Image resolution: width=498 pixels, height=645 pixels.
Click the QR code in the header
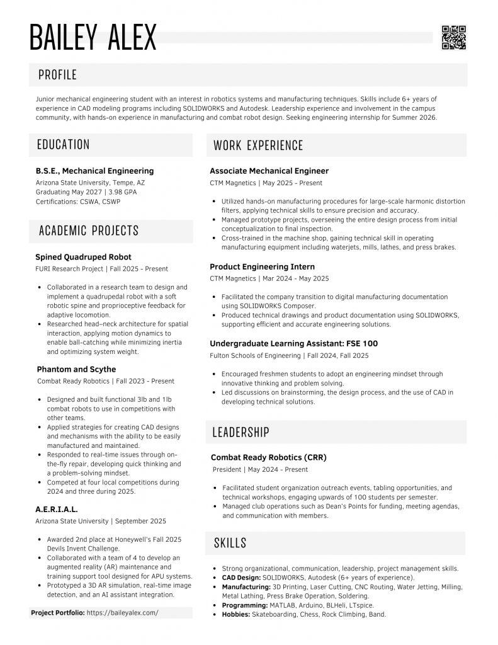[453, 37]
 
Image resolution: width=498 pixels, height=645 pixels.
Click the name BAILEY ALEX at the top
[93, 37]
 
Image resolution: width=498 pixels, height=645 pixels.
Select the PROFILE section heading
[57, 75]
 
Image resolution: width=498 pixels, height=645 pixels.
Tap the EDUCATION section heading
[63, 145]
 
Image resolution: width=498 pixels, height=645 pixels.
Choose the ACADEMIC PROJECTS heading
[89, 231]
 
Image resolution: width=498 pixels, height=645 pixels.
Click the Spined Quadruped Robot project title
[83, 257]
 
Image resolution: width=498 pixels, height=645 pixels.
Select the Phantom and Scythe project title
[76, 369]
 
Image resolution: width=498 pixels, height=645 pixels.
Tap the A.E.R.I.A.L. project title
[57, 509]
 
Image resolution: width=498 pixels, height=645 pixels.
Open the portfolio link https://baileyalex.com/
[122, 612]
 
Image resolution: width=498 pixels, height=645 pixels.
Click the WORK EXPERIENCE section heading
[258, 146]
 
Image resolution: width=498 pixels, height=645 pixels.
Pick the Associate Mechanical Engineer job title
[269, 171]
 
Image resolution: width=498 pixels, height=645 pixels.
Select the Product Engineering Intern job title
[262, 266]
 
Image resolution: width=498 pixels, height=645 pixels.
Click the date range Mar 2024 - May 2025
[295, 278]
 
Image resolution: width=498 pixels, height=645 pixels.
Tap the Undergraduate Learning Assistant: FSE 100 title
[293, 344]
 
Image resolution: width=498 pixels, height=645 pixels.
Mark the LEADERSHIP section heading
[241, 432]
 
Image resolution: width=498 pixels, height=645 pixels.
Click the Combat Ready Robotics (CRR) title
[268, 457]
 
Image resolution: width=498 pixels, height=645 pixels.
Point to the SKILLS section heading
[230, 543]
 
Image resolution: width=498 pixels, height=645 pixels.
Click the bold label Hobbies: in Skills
[236, 614]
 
